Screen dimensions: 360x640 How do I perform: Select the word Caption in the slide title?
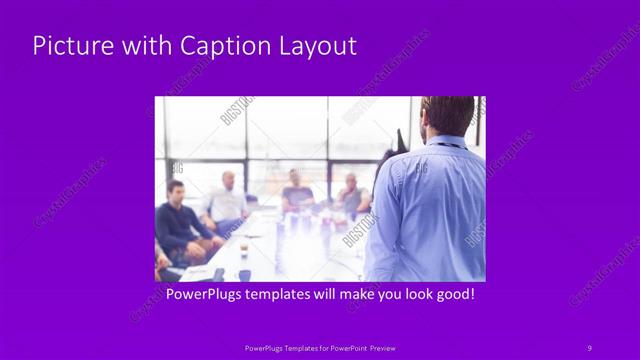222,46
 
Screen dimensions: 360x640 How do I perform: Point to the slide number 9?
589,347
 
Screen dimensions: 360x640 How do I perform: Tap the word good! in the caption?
452,295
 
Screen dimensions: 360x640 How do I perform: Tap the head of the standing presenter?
447,116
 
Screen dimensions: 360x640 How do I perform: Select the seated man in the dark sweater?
178,220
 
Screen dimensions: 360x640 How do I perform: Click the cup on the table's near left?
243,247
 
